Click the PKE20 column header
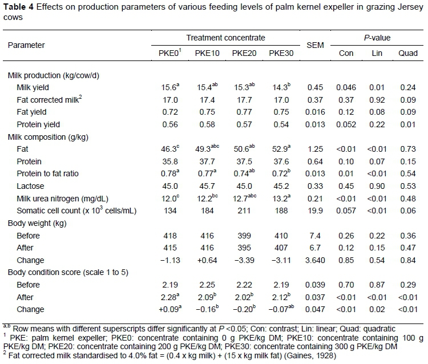click(x=243, y=54)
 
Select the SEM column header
click(x=315, y=45)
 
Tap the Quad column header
click(x=406, y=54)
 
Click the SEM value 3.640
click(x=315, y=260)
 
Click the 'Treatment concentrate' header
click(x=225, y=38)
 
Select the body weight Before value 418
click(x=169, y=235)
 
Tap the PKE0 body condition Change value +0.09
click(x=169, y=310)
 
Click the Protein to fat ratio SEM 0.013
click(x=315, y=173)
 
